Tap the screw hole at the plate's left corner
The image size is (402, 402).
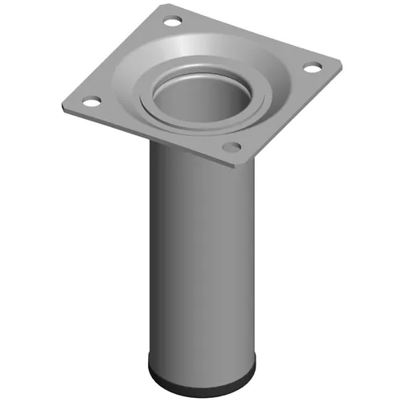click(x=92, y=102)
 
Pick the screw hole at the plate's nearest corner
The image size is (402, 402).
click(x=232, y=147)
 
